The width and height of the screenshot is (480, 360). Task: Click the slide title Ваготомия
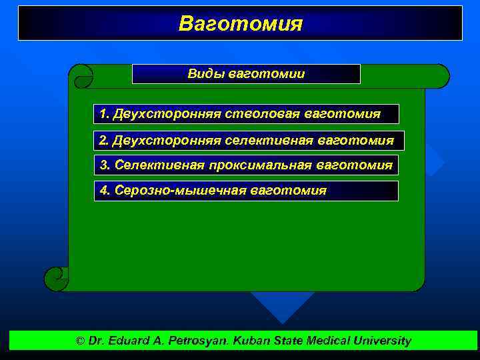(x=240, y=24)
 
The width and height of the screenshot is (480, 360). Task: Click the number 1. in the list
(x=104, y=114)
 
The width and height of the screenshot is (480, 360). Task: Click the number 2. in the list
(x=103, y=141)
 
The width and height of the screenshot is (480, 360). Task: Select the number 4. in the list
(x=105, y=191)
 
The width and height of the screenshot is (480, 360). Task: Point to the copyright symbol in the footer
(x=80, y=341)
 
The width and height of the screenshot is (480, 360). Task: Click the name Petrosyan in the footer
(x=203, y=341)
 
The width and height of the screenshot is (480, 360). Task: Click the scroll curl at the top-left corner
(x=81, y=76)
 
